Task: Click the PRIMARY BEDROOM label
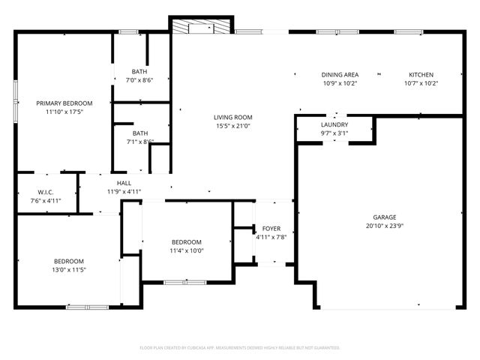(x=64, y=103)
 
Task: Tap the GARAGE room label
(x=380, y=217)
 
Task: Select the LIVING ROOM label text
(x=232, y=117)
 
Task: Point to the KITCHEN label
(x=421, y=75)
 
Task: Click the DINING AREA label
(x=340, y=75)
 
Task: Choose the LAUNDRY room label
(x=334, y=124)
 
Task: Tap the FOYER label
(x=271, y=228)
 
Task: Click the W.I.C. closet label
(x=45, y=192)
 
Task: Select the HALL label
(x=124, y=183)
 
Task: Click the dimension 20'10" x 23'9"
(x=380, y=225)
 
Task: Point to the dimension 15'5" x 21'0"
(x=232, y=126)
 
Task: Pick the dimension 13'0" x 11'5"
(x=47, y=269)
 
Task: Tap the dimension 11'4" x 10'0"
(x=187, y=250)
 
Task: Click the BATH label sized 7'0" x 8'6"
(x=139, y=71)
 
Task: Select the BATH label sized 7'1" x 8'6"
(x=139, y=133)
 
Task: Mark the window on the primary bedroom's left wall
(x=16, y=101)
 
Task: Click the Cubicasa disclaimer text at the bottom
(x=240, y=348)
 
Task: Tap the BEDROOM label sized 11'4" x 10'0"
(x=187, y=241)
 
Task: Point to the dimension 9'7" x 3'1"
(x=334, y=133)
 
